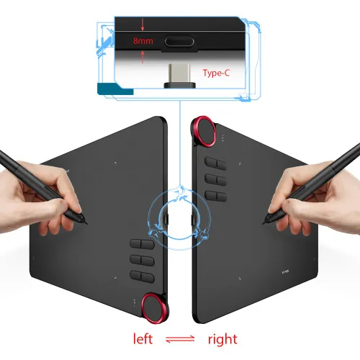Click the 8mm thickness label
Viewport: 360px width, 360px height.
(x=143, y=41)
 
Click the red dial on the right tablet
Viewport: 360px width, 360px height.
(x=206, y=130)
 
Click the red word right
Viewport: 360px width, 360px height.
(x=222, y=338)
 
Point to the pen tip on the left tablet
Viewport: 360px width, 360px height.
(x=87, y=215)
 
